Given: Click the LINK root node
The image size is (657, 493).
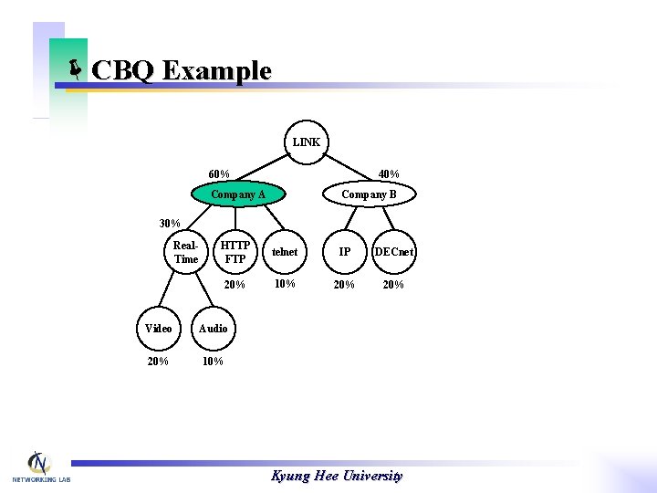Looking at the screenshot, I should (x=306, y=142).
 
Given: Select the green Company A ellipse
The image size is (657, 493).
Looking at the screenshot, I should (x=238, y=194).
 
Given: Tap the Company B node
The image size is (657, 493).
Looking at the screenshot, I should (x=369, y=194).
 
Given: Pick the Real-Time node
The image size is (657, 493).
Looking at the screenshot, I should (x=185, y=253).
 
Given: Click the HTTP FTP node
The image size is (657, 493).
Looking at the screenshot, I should (x=235, y=252).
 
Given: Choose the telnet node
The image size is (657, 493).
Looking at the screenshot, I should (x=285, y=252).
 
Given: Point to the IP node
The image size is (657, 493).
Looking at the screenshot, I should (x=344, y=252).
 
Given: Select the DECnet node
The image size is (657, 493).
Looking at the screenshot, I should (x=394, y=252).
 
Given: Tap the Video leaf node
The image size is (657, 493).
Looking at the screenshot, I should (x=159, y=329).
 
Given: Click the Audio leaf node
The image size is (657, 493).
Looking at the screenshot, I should (x=213, y=329).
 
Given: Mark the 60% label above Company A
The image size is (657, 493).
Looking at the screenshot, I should (x=219, y=174).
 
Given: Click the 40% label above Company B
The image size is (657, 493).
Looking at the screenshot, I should (x=389, y=174).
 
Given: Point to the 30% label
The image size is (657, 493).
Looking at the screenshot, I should (x=170, y=224).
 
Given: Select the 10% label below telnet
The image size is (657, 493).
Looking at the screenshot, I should (x=285, y=284).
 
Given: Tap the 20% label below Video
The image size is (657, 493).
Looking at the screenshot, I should (x=158, y=362).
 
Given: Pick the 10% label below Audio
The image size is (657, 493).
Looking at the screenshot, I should (x=213, y=362).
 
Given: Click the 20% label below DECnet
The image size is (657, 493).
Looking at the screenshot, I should (x=394, y=285).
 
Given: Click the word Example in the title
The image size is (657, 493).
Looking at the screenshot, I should (x=216, y=70).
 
